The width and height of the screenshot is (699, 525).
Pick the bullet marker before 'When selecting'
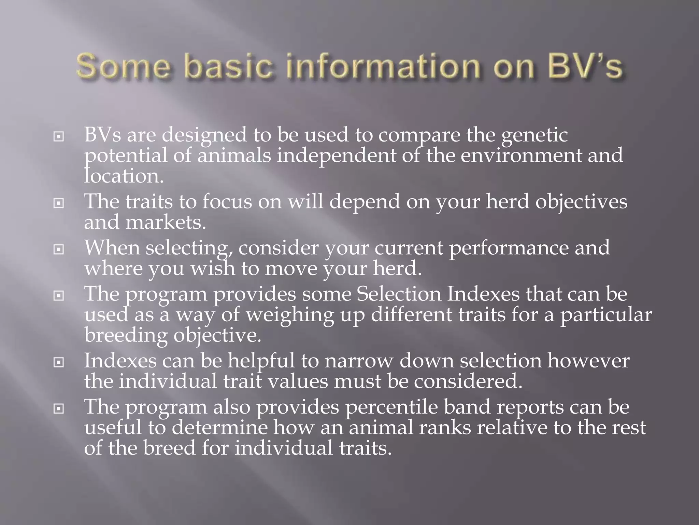[59, 250]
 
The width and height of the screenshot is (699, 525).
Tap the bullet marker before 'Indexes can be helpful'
[59, 363]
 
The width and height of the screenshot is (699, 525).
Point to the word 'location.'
[124, 176]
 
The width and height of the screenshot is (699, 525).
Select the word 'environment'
[521, 156]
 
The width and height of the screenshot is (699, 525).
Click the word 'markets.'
[166, 223]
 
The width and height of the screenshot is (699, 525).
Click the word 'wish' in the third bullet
[213, 268]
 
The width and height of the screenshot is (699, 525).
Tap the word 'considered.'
[468, 381]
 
